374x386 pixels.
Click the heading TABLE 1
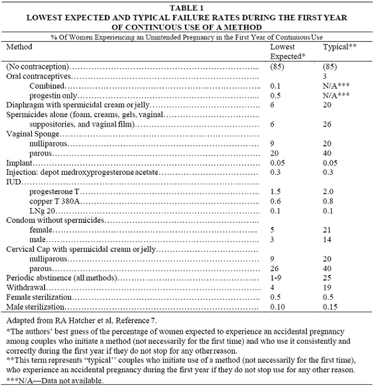click(x=187, y=7)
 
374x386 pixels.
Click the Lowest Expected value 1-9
click(x=277, y=278)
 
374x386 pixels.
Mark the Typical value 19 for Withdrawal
click(x=327, y=288)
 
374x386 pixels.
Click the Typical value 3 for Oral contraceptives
click(x=325, y=76)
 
